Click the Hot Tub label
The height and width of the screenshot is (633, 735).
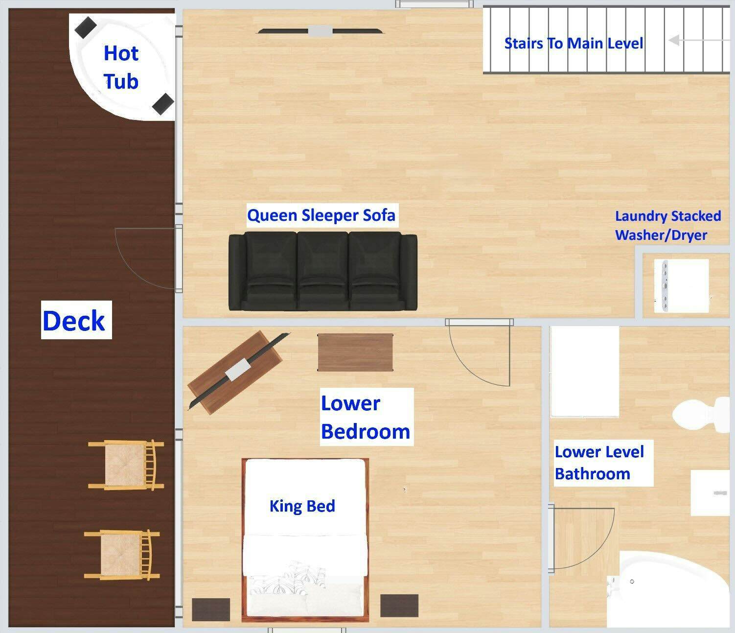pos(121,67)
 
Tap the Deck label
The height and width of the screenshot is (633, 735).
pos(74,321)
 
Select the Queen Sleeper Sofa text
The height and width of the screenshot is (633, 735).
pos(321,215)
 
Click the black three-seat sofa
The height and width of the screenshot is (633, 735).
pos(323,271)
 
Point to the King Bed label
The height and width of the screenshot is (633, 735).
pos(302,506)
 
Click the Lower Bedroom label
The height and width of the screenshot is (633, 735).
pos(366,417)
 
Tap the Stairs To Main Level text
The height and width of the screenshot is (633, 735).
pos(574,43)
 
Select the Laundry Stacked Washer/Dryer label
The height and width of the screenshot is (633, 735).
pos(667,225)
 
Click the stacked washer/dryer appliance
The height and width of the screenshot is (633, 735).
pos(682,285)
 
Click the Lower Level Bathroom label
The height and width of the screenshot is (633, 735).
pos(599,463)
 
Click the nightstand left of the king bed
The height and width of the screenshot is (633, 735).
pos(210,610)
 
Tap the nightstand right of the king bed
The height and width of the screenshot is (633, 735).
pos(399,606)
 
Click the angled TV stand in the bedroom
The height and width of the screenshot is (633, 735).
pos(235,372)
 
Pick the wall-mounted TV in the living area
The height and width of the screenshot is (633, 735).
pos(320,31)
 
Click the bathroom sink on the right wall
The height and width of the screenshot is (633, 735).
pos(712,493)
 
